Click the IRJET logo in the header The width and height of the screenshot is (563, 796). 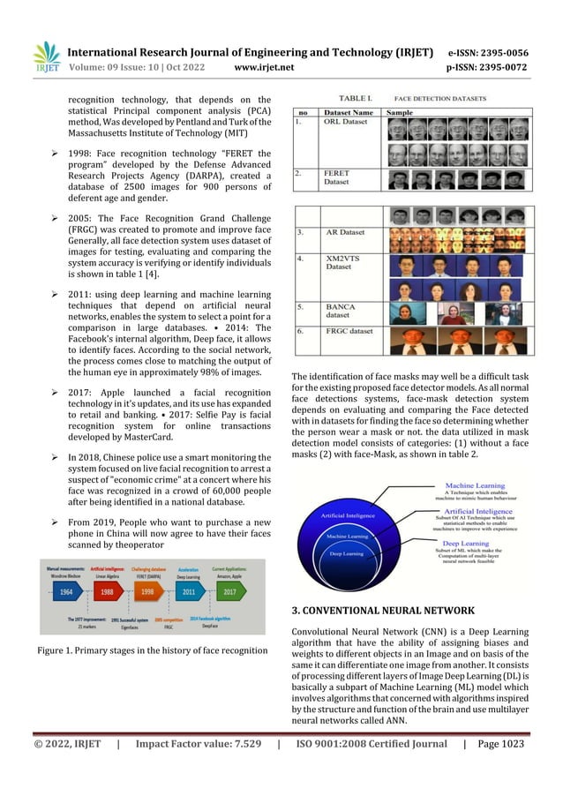[46, 55]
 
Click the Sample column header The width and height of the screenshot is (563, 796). [400, 112]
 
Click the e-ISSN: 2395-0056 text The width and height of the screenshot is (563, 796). [488, 52]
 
